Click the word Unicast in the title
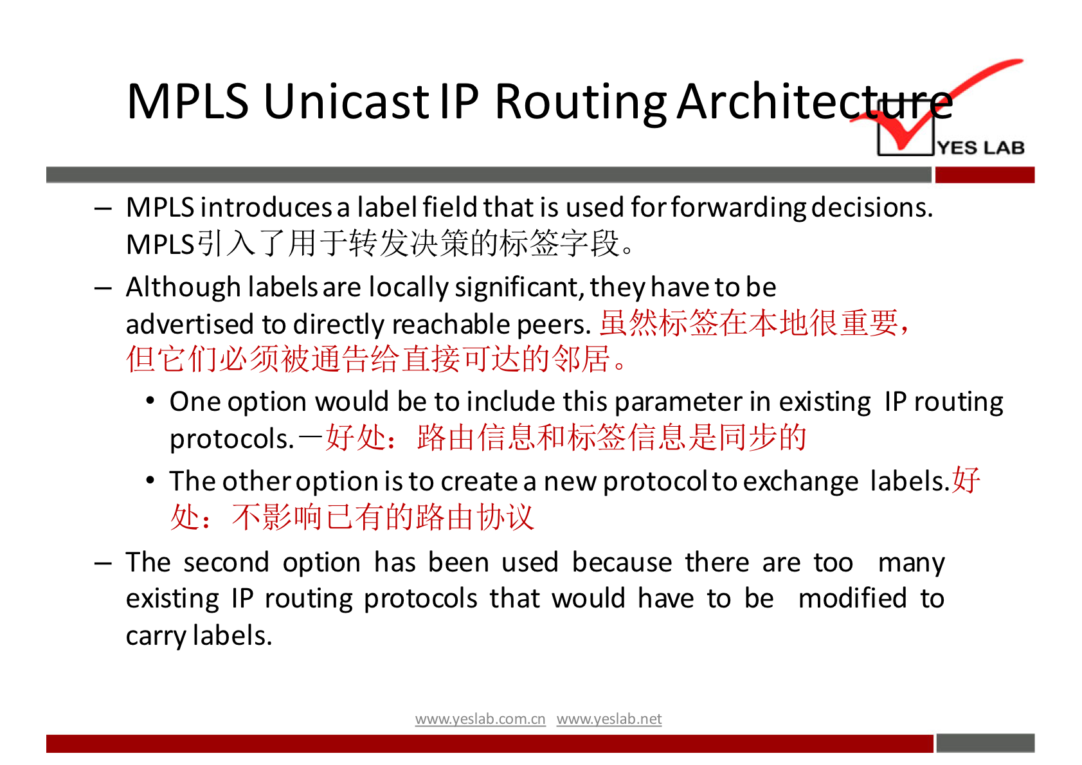(347, 102)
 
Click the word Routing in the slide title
(581, 104)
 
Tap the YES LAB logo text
(980, 147)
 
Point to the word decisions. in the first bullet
(872, 208)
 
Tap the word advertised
(190, 323)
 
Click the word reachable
(451, 323)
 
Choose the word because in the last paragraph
(622, 562)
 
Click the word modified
(852, 598)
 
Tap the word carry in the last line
(156, 636)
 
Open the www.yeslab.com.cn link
(480, 719)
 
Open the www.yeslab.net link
(609, 719)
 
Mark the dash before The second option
(103, 564)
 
